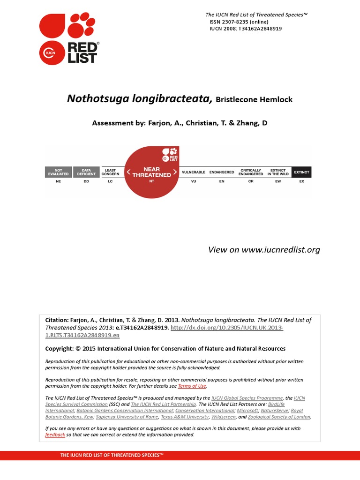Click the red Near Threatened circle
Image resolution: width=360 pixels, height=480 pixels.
151,172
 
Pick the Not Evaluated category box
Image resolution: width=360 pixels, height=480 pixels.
58,172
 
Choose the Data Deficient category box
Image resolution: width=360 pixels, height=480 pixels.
86,172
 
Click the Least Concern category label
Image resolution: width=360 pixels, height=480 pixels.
111,172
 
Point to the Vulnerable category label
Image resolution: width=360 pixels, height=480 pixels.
193,172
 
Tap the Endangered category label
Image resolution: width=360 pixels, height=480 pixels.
222,172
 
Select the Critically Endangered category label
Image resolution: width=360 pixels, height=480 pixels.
251,172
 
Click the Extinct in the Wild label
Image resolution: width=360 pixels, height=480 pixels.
278,172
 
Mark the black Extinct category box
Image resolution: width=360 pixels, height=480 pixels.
301,172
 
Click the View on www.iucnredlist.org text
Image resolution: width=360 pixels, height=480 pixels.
264,249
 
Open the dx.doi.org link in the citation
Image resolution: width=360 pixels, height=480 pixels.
227,328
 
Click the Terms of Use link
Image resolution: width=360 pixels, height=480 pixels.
192,386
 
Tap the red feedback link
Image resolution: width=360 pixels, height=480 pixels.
55,435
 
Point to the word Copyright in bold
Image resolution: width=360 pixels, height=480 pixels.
59,348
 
